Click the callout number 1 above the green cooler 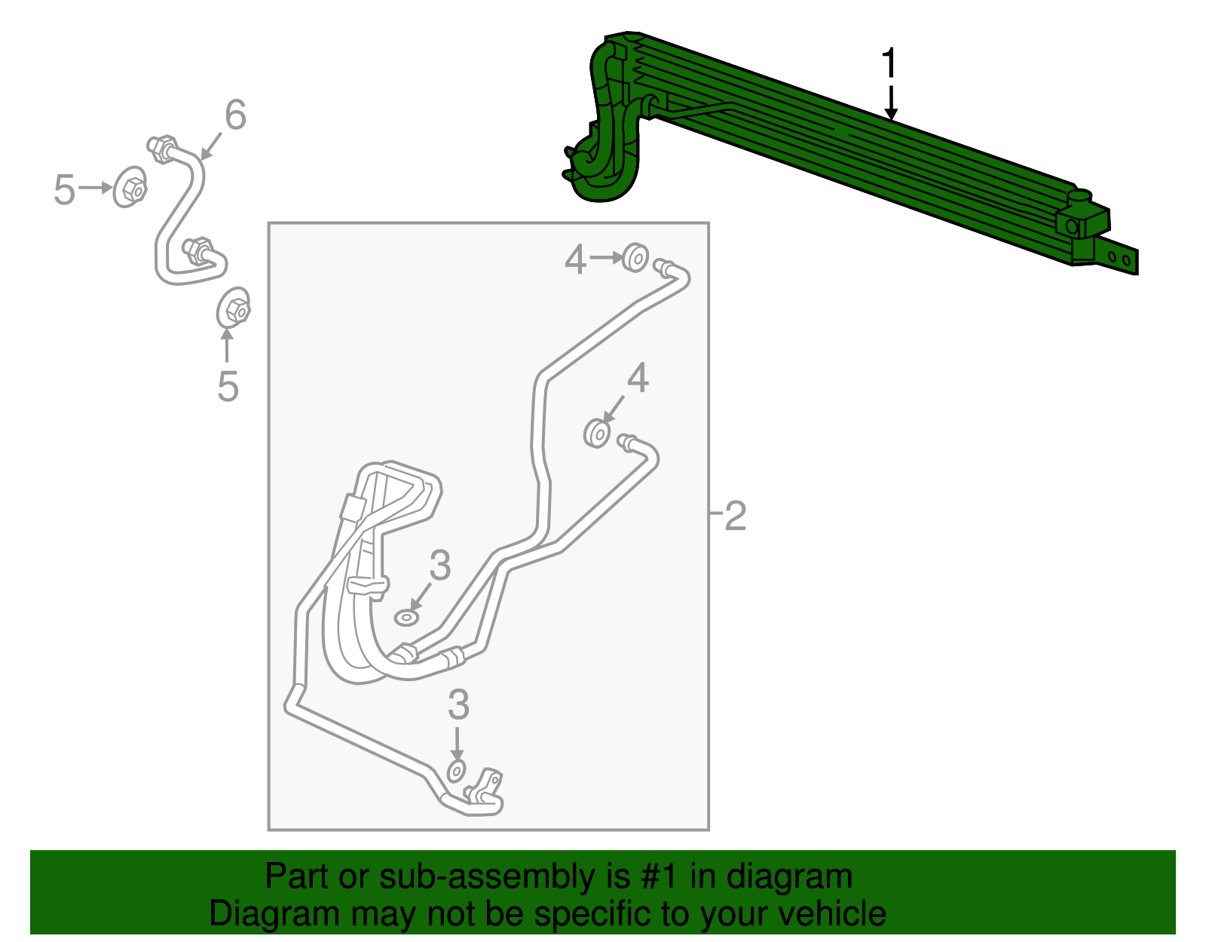(x=890, y=63)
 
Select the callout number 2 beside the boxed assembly (x=735, y=516)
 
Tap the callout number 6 (x=235, y=115)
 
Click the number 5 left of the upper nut (x=65, y=189)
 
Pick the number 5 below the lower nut (x=228, y=386)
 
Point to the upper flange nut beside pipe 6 (x=130, y=186)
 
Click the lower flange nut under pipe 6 (x=234, y=308)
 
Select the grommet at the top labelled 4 (x=636, y=258)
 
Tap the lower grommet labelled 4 (x=598, y=434)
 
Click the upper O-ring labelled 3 (x=406, y=618)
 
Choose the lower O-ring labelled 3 (x=456, y=772)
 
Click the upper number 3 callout (x=440, y=566)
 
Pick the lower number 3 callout (x=458, y=705)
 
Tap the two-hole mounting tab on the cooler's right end (x=1119, y=257)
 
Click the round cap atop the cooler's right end (x=1079, y=197)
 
